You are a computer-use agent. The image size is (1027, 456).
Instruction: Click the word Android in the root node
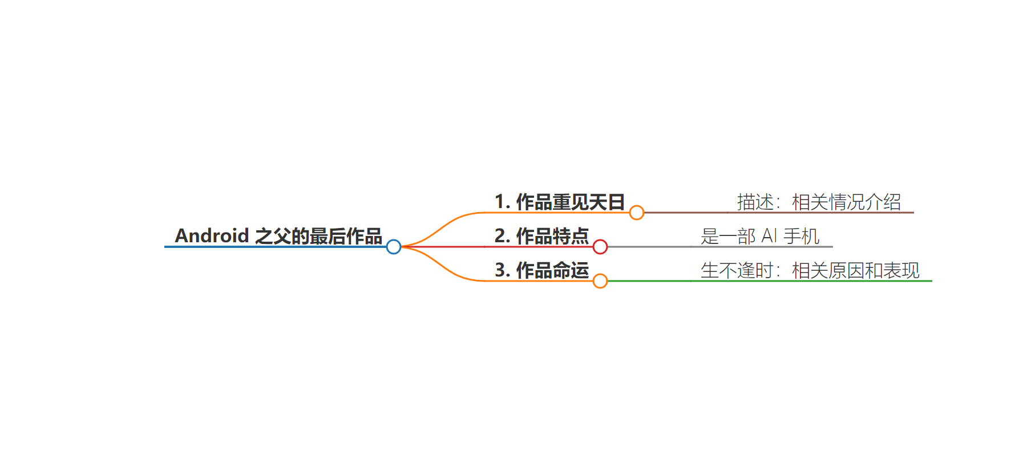pos(212,235)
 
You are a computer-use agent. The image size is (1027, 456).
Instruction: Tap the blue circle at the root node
pos(394,247)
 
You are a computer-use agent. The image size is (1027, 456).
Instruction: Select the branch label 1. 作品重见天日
pos(560,202)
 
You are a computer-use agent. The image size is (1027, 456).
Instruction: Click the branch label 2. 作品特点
pos(541,236)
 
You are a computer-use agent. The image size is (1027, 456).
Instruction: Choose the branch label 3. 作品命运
pos(541,270)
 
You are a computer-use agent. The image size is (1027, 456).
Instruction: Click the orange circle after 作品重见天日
pos(637,213)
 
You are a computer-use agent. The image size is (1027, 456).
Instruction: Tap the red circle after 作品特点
pos(600,247)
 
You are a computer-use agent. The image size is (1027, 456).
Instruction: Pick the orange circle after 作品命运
pos(600,281)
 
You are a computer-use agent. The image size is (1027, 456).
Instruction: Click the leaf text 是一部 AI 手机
pos(760,236)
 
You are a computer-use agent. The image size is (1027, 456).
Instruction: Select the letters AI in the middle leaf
pos(770,236)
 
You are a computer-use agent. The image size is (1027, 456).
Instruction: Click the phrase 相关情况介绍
pos(847,202)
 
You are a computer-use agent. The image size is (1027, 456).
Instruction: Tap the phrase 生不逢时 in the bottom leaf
pos(737,270)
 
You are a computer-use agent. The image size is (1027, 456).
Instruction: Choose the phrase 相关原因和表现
pos(856,270)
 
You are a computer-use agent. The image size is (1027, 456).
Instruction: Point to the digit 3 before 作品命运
pos(500,270)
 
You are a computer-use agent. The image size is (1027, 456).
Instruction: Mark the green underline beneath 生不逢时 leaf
pos(770,281)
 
